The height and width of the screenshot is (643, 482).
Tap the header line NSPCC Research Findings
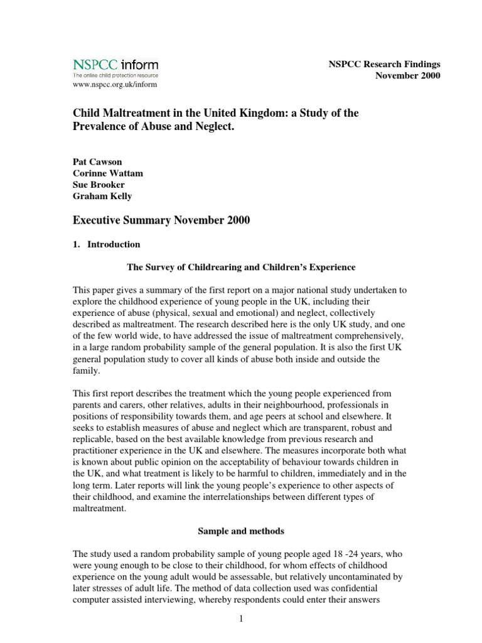point(385,64)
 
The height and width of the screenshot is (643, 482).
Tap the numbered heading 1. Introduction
point(107,244)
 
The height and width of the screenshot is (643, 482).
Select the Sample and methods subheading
point(241,531)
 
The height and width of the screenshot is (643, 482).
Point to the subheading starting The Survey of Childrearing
point(241,267)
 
